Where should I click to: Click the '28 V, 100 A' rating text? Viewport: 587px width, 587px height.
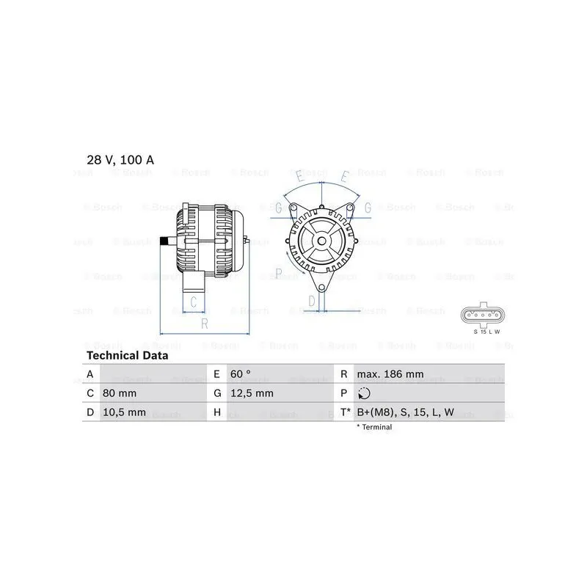(x=120, y=160)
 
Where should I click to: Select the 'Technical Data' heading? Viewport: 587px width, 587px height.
(x=127, y=355)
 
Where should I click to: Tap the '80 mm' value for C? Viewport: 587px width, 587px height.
(x=120, y=393)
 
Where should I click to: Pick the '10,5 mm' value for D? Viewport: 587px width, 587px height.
(x=124, y=412)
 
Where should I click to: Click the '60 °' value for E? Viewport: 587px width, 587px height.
(x=241, y=374)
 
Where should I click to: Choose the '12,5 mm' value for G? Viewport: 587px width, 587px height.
(x=252, y=393)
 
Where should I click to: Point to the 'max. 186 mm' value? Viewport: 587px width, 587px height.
(x=390, y=374)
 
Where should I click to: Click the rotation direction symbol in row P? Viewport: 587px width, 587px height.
(x=364, y=393)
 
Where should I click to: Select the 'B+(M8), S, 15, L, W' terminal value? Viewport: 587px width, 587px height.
(x=406, y=412)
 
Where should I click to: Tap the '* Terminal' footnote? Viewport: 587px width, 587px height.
(x=374, y=427)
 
